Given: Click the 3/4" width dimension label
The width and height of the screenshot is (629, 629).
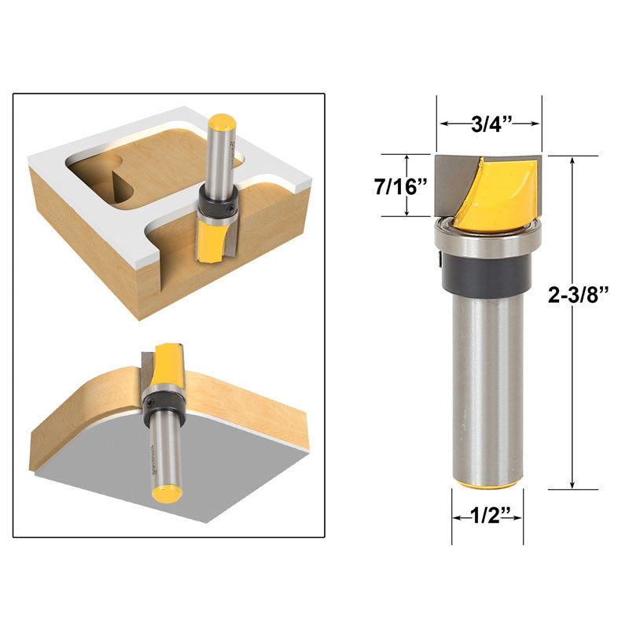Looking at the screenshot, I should (491, 123).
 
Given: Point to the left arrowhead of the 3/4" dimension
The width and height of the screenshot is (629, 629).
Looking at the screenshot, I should (443, 123).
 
